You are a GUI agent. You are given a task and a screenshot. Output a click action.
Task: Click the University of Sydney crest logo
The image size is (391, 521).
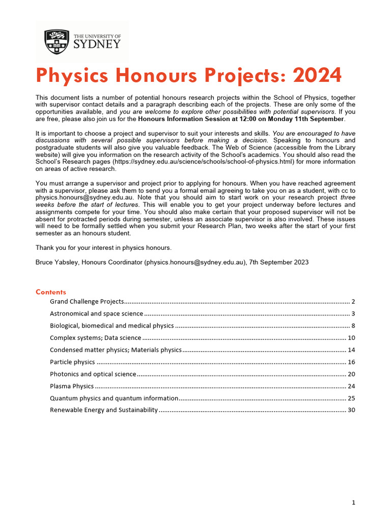(x=56, y=42)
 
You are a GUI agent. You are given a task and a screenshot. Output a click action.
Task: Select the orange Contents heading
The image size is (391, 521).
(x=51, y=292)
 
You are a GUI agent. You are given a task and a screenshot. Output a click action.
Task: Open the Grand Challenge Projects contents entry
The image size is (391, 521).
(x=87, y=302)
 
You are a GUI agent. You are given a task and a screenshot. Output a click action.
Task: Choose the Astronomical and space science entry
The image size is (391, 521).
(x=96, y=314)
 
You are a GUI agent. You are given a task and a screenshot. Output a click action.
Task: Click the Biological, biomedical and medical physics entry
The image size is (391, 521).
(x=112, y=326)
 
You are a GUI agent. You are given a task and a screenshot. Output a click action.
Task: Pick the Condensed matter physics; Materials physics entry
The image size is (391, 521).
(x=116, y=350)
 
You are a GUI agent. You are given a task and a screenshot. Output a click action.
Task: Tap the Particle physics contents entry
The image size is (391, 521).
(x=72, y=362)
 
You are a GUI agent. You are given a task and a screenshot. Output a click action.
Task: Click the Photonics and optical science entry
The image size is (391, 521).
(x=93, y=374)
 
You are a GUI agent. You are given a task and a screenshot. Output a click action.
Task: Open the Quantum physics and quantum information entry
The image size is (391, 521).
(x=114, y=398)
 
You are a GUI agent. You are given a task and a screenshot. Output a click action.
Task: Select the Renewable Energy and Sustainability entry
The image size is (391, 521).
(x=104, y=410)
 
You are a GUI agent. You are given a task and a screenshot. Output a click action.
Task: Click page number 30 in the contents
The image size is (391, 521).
(x=351, y=410)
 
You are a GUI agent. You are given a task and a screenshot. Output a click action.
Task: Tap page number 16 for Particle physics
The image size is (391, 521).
(x=351, y=362)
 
